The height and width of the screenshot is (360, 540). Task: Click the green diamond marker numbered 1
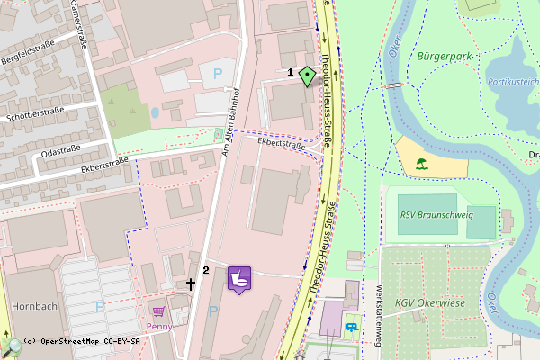coord(308,76)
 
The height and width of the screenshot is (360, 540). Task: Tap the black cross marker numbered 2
coord(190,283)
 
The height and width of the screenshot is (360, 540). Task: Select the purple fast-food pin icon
coord(239,278)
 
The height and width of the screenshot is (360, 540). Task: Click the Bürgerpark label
coord(445,57)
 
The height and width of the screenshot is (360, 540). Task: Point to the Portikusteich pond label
coord(513,81)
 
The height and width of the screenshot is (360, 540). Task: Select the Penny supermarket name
coord(158,327)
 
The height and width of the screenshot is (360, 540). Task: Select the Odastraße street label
coord(62,148)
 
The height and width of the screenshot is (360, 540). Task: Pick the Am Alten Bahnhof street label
coord(231,121)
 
